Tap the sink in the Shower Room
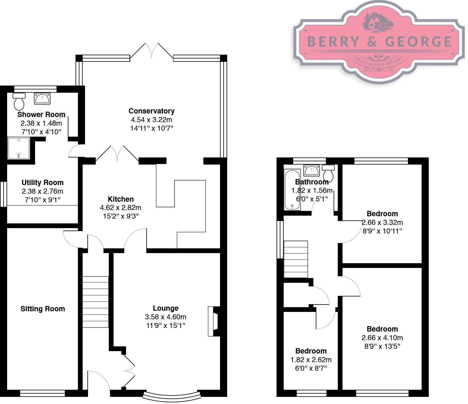42,98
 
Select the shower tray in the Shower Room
19,148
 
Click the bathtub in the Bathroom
292,190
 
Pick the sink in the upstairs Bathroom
311,170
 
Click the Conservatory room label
151,111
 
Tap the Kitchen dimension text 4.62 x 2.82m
120,208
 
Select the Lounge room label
166,308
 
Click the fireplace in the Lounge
213,321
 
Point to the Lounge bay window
172,396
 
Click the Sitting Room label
43,309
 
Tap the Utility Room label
43,183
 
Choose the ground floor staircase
95,302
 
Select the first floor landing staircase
296,259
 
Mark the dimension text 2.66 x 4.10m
382,338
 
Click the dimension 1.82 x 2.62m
311,360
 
